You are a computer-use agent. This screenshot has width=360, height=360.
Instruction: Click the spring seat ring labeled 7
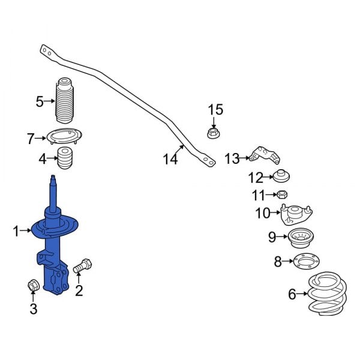[x=64, y=137]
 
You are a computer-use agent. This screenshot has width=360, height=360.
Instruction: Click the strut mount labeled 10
[x=296, y=213]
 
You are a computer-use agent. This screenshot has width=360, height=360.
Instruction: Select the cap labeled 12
[x=281, y=177]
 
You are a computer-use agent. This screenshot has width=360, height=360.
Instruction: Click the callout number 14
[x=170, y=159]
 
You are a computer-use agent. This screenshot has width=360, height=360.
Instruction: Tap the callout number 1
[x=17, y=230]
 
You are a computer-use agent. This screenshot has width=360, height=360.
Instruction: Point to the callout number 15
[x=215, y=110]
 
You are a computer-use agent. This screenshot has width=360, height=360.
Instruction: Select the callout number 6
[x=292, y=294]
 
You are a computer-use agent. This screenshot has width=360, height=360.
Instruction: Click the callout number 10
[x=263, y=213]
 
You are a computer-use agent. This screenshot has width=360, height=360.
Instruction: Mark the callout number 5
[x=40, y=101]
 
